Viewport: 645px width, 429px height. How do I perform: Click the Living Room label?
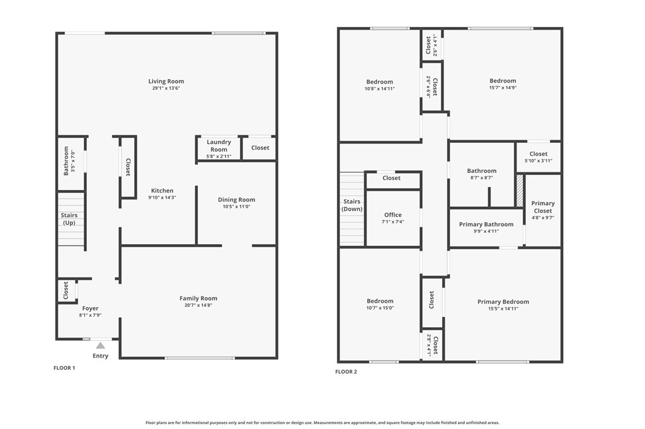166,81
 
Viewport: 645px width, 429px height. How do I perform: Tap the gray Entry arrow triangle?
100,345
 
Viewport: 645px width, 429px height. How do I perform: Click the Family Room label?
198,299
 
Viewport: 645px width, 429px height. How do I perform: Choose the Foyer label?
90,308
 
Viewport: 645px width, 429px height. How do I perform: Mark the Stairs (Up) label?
69,219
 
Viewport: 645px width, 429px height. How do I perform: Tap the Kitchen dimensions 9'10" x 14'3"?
162,198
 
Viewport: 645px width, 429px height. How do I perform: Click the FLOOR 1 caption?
64,368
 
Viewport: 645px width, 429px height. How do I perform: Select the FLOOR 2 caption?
346,372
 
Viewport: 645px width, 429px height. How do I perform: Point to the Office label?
393,215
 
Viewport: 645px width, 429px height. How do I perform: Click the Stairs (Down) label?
352,205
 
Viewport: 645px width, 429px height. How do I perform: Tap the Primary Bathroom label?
486,225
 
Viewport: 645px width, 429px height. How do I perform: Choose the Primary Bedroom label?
503,302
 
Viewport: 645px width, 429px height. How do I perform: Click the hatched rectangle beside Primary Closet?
520,191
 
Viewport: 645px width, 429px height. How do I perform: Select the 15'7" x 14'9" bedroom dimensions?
503,89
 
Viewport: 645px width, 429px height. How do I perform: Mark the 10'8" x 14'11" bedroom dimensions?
380,89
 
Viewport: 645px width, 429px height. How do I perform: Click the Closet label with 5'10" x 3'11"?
539,154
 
